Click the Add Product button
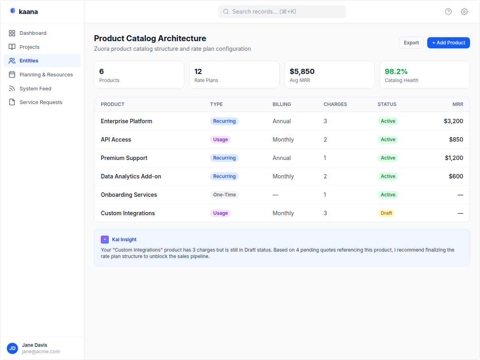448,43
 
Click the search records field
282,12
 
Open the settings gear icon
464,12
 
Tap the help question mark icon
448,12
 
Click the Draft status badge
386,213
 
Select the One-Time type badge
224,195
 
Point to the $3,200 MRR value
453,121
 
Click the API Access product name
116,140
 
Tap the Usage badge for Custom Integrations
220,213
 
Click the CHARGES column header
335,104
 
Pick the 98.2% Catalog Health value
396,72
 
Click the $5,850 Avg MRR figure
302,72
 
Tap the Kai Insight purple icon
105,240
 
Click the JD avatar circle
12,348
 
